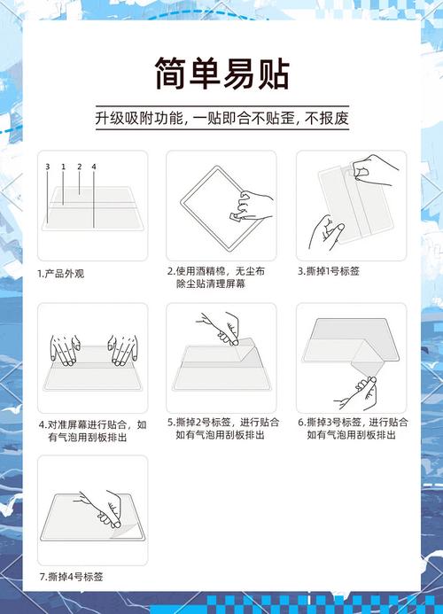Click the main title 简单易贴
(x=221, y=74)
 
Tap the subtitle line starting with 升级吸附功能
(x=221, y=118)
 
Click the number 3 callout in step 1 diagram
(x=47, y=167)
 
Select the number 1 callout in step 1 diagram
(x=63, y=167)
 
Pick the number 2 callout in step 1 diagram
(x=79, y=167)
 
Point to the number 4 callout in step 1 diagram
(x=94, y=167)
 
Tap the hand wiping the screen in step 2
(x=252, y=206)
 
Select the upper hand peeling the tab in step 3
(x=372, y=167)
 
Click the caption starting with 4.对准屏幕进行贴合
(x=93, y=430)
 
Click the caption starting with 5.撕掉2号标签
(x=222, y=430)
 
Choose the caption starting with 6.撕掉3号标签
(x=353, y=430)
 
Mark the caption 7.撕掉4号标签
(x=71, y=577)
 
